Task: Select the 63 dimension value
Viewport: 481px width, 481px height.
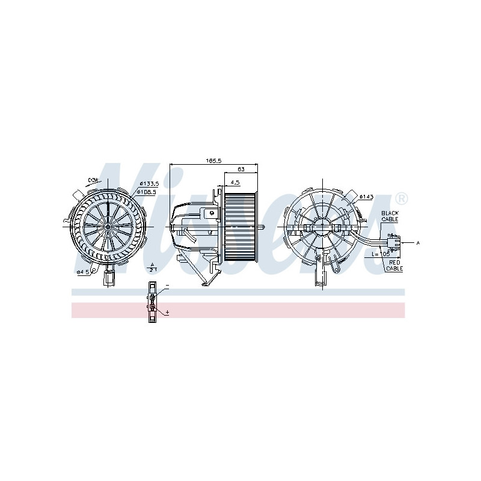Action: (x=240, y=169)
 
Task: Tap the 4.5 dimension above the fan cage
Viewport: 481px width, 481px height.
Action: (x=235, y=182)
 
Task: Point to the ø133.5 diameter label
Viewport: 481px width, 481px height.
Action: (x=148, y=183)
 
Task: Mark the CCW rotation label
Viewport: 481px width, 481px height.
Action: (x=92, y=180)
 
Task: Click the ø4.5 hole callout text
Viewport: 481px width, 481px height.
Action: (x=82, y=272)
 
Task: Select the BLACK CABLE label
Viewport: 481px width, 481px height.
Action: (x=390, y=216)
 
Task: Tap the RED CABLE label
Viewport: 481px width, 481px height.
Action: (x=394, y=266)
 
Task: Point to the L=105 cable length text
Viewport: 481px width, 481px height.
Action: (x=381, y=254)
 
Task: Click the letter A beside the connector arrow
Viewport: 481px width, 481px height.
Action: (x=417, y=242)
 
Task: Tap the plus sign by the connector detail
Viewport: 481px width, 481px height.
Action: (x=167, y=312)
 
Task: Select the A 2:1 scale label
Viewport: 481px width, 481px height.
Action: (x=153, y=268)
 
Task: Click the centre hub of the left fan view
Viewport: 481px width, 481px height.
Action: (x=106, y=227)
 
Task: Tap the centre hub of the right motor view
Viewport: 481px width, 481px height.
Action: (x=323, y=227)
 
